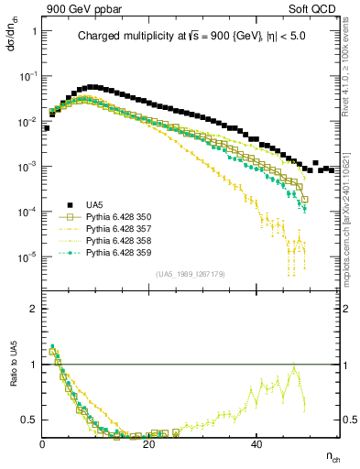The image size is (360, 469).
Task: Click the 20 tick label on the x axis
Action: coord(150,444)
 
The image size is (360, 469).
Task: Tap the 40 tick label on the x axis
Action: coord(256,444)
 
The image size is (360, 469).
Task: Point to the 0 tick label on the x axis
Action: coord(43,444)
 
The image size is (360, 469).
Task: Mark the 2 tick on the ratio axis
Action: coord(34,309)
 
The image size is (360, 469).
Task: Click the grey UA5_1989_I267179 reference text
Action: coord(192,274)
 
